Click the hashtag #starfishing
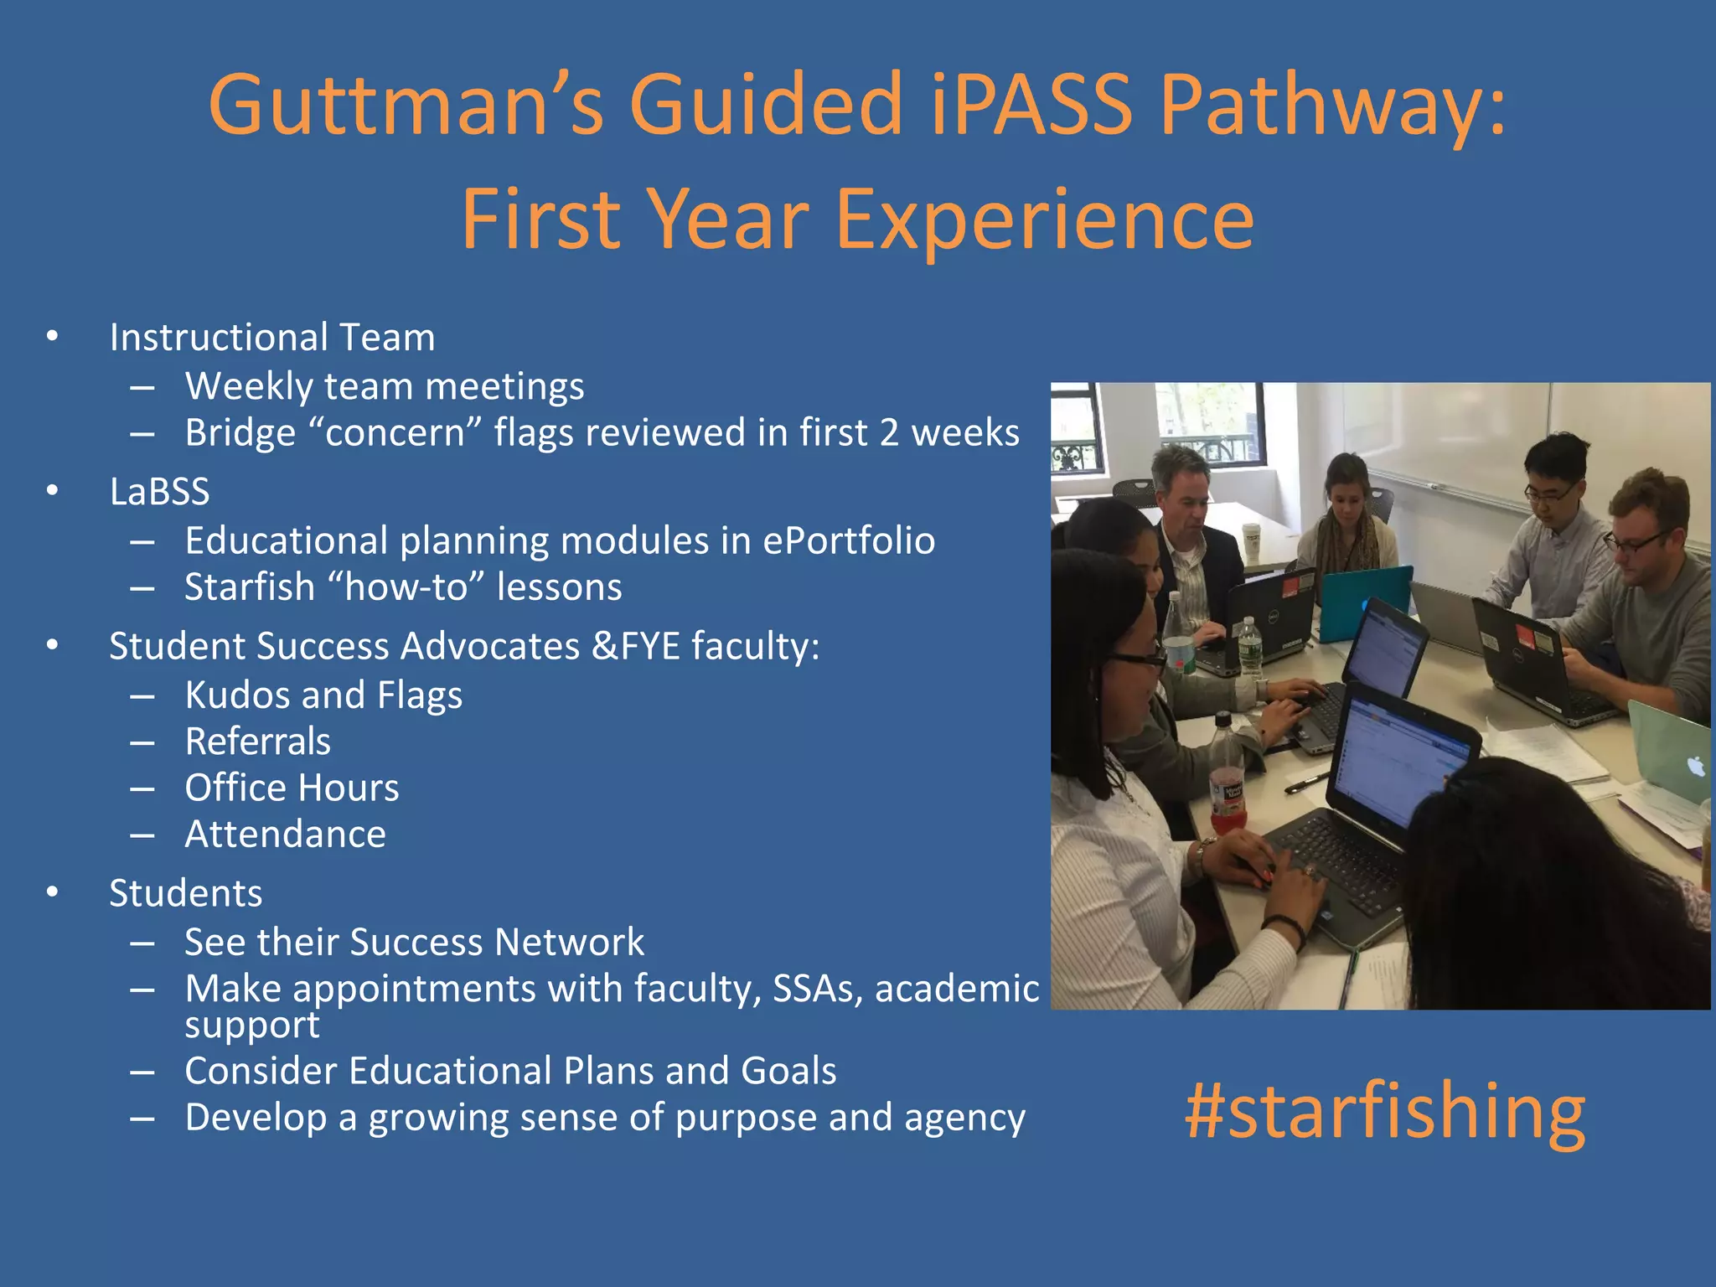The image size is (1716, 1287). click(x=1384, y=1112)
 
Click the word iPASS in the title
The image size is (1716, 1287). click(x=1031, y=104)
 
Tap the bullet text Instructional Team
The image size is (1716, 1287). click(x=272, y=338)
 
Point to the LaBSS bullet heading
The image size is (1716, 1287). click(x=159, y=492)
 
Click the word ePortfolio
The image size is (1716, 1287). click(x=848, y=540)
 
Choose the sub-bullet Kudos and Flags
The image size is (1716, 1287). click(x=323, y=695)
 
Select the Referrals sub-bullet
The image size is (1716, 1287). click(x=257, y=742)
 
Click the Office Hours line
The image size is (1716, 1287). click(x=292, y=788)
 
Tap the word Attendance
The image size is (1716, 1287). click(x=285, y=835)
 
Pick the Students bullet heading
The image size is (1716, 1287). click(x=185, y=893)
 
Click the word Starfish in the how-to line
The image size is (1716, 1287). click(x=249, y=587)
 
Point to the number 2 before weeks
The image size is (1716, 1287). click(x=889, y=433)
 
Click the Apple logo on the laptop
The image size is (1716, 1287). click(x=1695, y=766)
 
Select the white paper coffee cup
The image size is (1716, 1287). click(x=1251, y=540)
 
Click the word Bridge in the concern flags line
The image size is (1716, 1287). click(x=240, y=433)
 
